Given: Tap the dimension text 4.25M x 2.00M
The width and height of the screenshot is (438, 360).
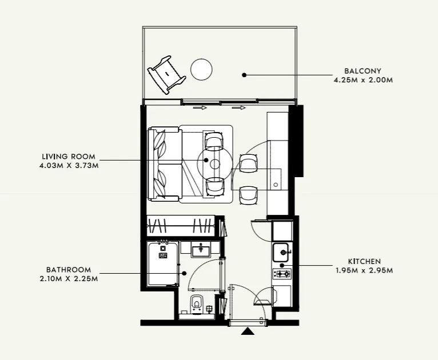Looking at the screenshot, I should tap(363, 81).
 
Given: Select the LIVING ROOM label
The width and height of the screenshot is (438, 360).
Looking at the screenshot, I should tap(68, 157).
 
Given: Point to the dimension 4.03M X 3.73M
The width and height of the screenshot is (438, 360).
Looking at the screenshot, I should tap(68, 166).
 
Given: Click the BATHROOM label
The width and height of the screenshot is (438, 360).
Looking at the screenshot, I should tap(69, 270).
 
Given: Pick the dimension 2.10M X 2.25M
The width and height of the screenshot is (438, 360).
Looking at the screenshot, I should tap(69, 279).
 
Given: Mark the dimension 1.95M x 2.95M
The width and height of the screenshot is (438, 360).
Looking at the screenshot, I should tap(364, 270).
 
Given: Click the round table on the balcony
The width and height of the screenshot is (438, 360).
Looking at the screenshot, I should tap(201, 70).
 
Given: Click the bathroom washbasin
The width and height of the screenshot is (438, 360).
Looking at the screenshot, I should tap(201, 249).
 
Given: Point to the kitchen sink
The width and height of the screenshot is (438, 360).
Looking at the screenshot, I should tap(281, 251).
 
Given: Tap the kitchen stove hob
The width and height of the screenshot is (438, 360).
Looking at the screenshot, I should tap(281, 274).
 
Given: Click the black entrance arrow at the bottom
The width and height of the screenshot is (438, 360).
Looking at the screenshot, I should tap(247, 331).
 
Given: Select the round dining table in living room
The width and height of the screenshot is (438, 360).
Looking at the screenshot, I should tap(215, 164).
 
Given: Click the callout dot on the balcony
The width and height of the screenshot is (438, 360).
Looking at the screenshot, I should tap(244, 74).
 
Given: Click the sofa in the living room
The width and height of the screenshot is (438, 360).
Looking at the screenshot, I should tap(165, 164).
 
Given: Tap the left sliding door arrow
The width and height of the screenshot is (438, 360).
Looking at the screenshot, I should tap(200, 107).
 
